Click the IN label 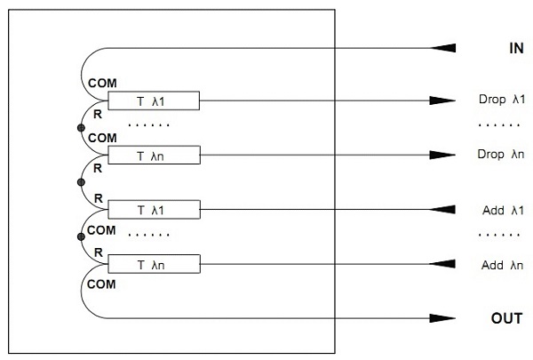(515, 48)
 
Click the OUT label (508, 317)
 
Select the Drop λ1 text (497, 100)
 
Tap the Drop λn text (497, 153)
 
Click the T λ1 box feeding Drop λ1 (153, 100)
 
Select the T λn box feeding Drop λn (153, 154)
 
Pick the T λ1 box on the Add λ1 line (153, 210)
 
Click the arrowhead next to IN (444, 47)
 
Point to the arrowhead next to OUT (444, 317)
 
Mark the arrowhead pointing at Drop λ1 (444, 100)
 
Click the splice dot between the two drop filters (80, 130)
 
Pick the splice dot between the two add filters (80, 236)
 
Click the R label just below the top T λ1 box (97, 115)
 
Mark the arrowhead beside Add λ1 (444, 210)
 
